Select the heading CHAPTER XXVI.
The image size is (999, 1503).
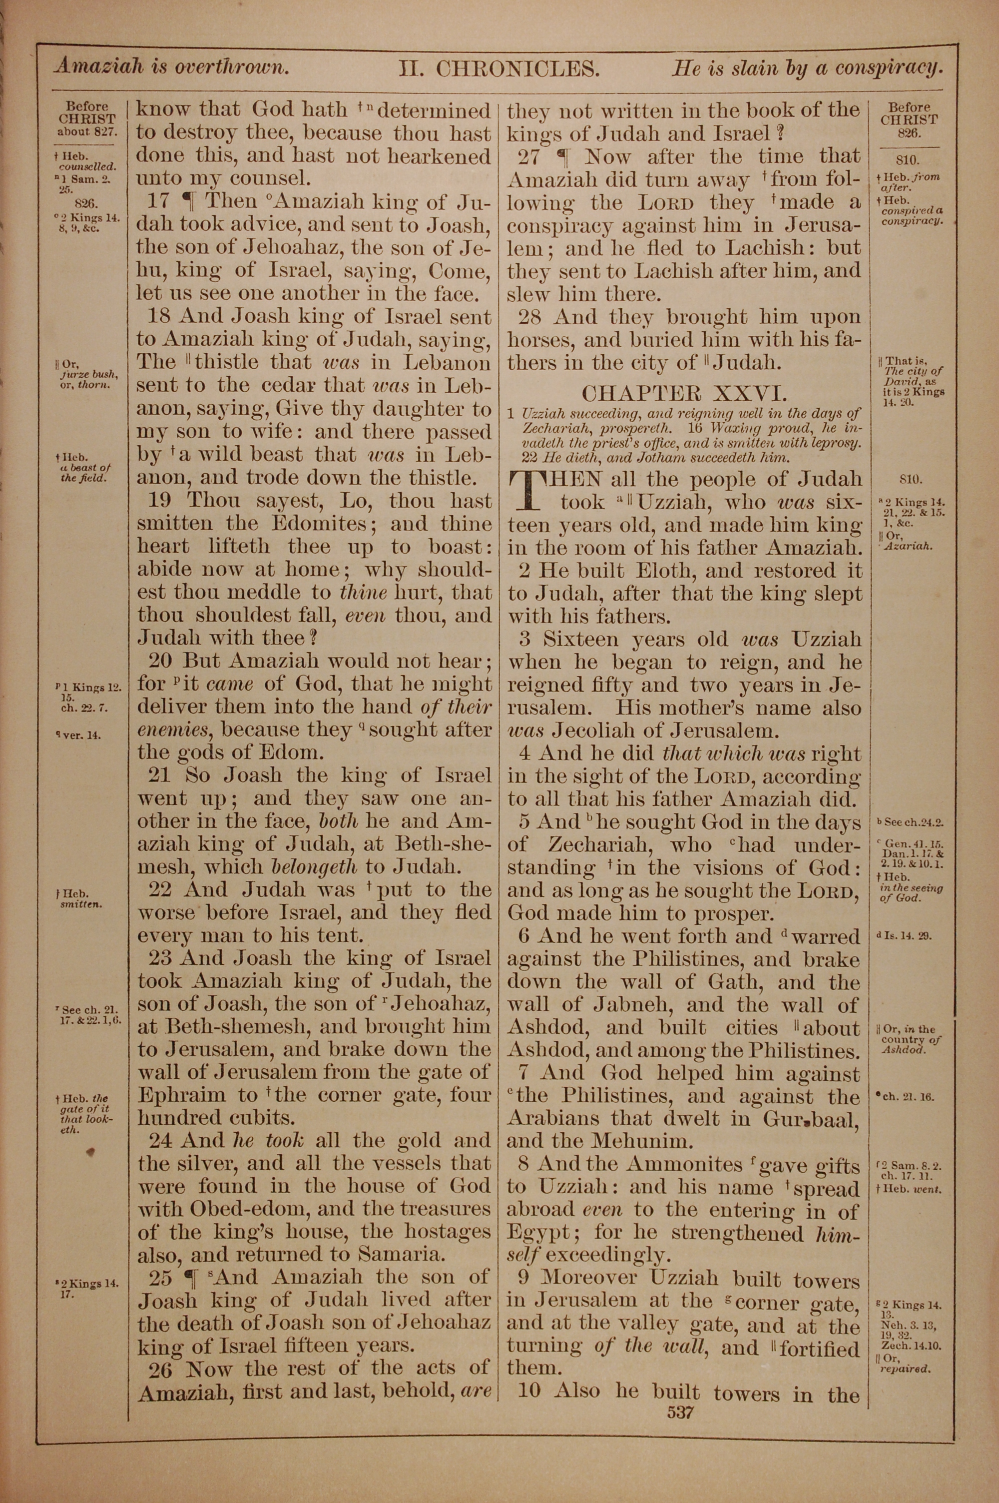click(684, 391)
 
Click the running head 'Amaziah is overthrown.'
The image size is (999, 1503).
click(171, 66)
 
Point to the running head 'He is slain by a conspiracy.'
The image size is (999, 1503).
click(807, 67)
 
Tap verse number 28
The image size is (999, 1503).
click(530, 317)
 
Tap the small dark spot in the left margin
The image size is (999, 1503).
click(90, 1151)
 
